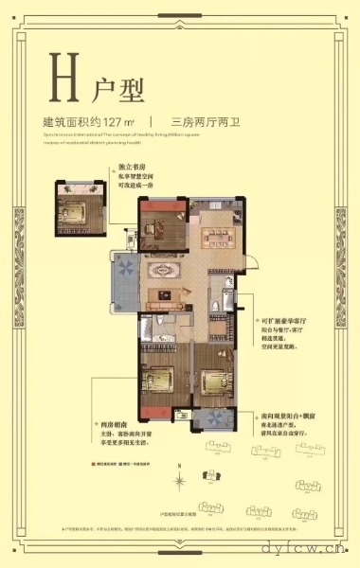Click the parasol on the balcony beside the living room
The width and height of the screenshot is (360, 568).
tap(125, 268)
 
